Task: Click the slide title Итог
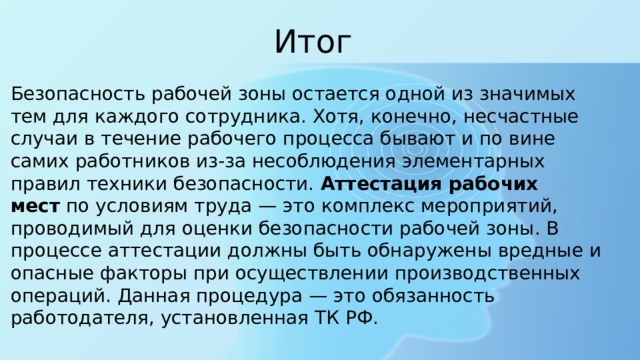tap(313, 42)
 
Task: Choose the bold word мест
tap(33, 206)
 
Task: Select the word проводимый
tap(63, 229)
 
